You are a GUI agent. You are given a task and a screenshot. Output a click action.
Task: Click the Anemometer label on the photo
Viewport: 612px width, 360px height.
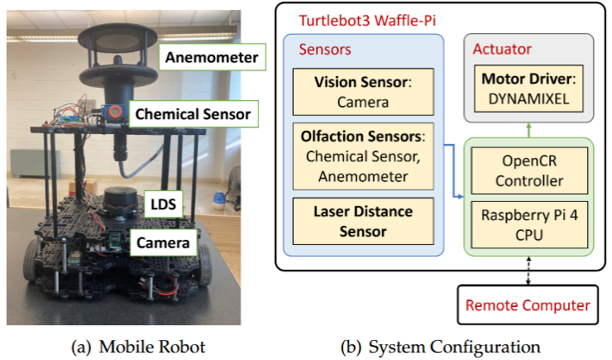pyautogui.click(x=211, y=58)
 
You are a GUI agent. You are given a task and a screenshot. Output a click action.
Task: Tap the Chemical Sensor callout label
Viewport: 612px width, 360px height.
pyautogui.click(x=193, y=113)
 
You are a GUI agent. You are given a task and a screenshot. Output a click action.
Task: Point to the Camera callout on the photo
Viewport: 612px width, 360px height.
pyautogui.click(x=165, y=242)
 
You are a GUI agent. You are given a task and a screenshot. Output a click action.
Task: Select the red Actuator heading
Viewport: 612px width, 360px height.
pyautogui.click(x=502, y=50)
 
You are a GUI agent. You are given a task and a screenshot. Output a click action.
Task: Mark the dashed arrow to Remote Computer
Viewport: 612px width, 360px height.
pyautogui.click(x=528, y=268)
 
